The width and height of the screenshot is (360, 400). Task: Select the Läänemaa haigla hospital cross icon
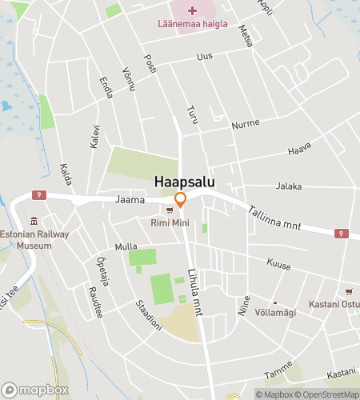click(x=191, y=10)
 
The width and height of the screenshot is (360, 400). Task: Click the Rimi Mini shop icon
click(x=170, y=211)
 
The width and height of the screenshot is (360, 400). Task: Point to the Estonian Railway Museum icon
click(x=34, y=222)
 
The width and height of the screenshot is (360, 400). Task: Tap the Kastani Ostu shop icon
click(x=348, y=292)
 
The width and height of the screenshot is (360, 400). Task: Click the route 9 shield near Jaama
click(x=38, y=194)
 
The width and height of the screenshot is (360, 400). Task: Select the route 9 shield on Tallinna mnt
click(x=342, y=234)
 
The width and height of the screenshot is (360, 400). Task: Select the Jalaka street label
click(x=289, y=186)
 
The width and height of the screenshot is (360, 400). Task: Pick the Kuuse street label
click(x=280, y=264)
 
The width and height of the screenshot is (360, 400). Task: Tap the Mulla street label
click(x=126, y=246)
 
